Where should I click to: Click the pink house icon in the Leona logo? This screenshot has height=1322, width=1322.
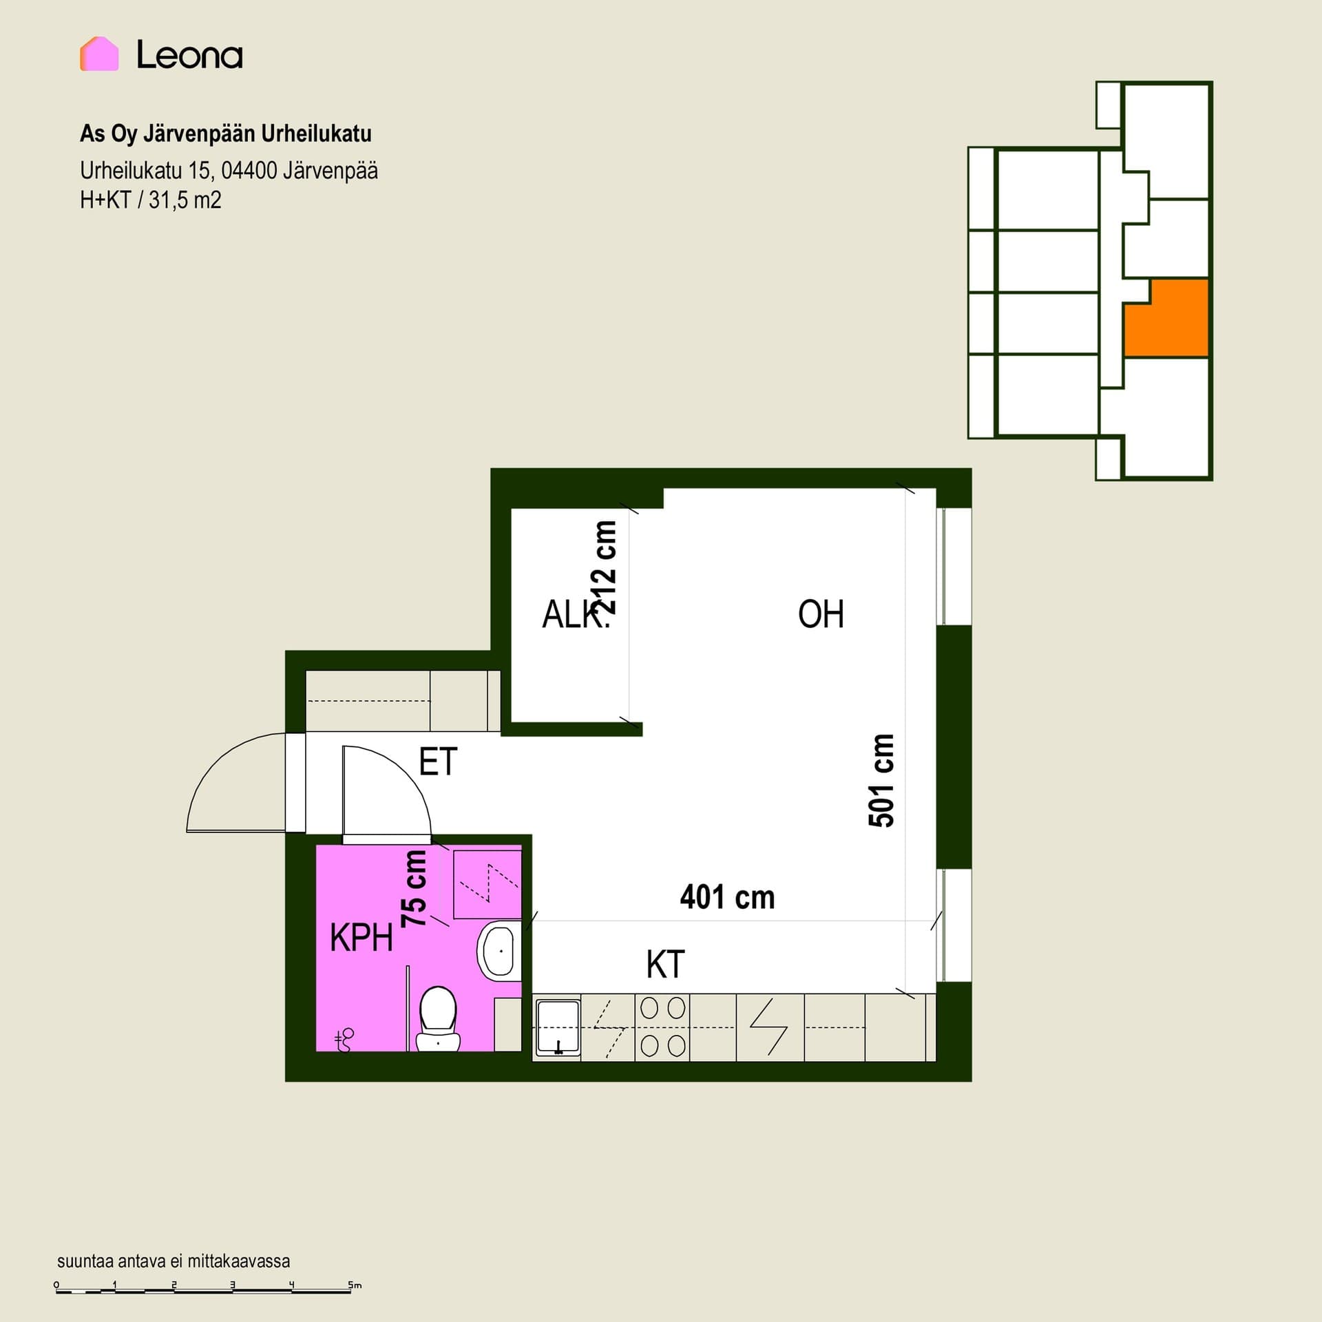coord(99,54)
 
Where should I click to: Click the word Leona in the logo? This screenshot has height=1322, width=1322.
coord(189,55)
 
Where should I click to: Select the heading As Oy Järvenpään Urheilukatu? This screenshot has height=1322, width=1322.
coord(226,134)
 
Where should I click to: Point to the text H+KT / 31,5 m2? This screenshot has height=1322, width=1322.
coord(151,200)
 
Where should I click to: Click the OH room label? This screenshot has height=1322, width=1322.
coord(821,614)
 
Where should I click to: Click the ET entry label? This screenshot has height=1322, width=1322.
coord(438,762)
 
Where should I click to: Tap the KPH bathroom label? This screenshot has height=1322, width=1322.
coord(361,938)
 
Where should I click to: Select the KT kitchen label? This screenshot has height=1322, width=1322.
coord(665,965)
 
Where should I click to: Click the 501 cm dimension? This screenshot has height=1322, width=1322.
coord(881,780)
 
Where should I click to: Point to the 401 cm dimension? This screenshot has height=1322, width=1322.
coord(727,898)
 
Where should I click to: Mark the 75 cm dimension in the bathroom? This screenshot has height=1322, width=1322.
coord(415,888)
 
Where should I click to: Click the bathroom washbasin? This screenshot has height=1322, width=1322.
coord(498,950)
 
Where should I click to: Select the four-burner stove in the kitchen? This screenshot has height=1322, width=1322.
coord(662,1027)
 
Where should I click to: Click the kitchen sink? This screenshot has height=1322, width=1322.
coord(557,1027)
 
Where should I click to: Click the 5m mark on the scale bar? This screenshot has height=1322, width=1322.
coord(354,1285)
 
